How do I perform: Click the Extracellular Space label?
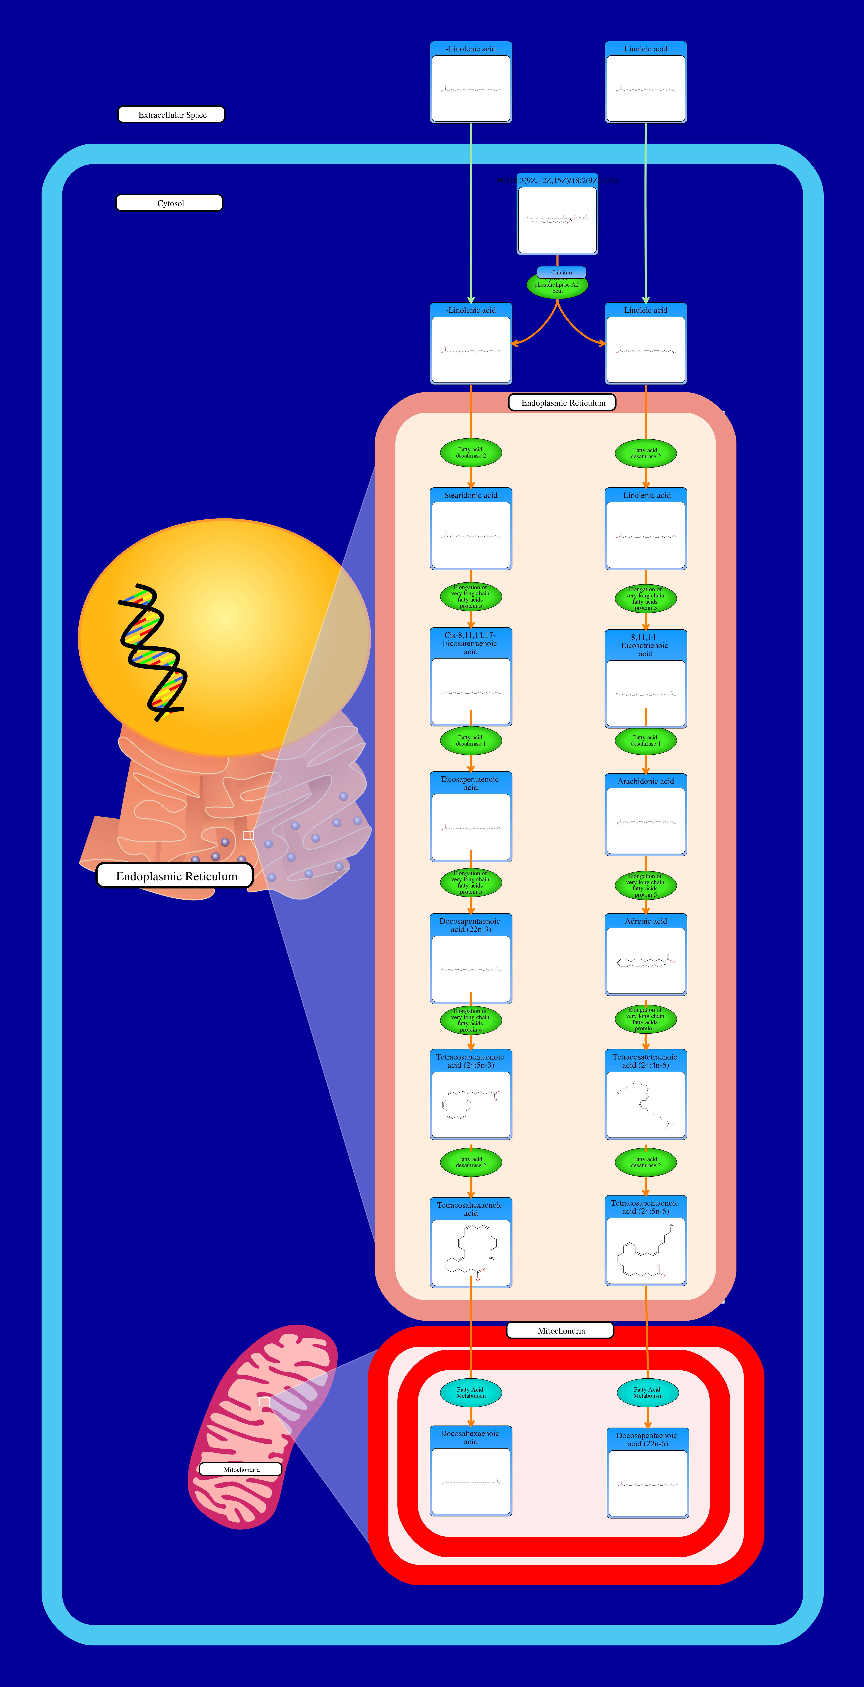pos(171,115)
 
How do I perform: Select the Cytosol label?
pos(169,203)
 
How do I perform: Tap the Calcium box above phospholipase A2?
pos(561,272)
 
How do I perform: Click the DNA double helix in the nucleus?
pos(152,652)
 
